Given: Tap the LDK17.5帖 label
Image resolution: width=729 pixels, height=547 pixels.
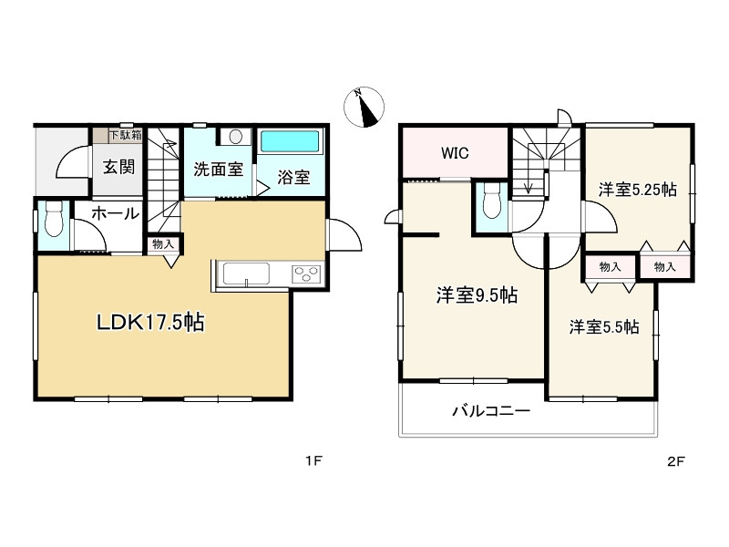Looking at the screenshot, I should (x=151, y=321).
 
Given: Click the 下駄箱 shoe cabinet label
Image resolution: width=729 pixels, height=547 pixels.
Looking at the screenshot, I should (x=125, y=136).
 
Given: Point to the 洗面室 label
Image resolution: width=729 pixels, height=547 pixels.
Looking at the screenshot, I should (x=218, y=169).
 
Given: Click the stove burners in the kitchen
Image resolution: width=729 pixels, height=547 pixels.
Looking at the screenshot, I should (x=306, y=273).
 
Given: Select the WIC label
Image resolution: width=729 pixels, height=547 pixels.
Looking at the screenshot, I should (x=455, y=153).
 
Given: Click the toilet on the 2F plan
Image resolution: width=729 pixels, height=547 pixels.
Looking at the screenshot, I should (x=492, y=201).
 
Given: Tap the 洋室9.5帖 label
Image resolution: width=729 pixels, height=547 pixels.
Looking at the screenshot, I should (x=477, y=294).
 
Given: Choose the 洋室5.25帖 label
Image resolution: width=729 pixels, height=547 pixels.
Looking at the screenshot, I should (x=637, y=191).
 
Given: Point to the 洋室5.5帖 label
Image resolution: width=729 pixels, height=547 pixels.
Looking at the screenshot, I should (x=604, y=326).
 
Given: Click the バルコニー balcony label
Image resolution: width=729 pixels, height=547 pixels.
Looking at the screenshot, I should (x=491, y=411).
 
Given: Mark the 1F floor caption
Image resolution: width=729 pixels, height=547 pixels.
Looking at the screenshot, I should (x=314, y=460).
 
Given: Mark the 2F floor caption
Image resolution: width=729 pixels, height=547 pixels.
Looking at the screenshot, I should (x=675, y=460).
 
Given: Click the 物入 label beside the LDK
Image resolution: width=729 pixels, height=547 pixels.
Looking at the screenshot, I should (x=163, y=244).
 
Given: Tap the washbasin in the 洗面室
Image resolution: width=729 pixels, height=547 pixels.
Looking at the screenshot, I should (x=236, y=137).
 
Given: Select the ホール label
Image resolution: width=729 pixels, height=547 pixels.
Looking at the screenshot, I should (x=114, y=214).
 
